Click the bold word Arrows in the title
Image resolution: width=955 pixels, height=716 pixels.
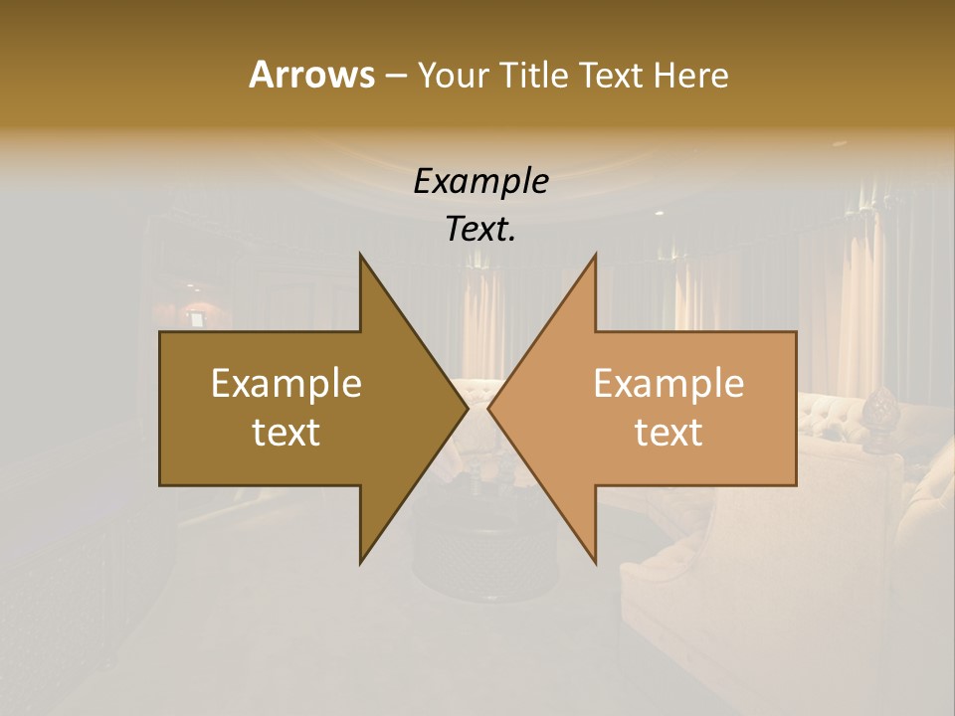(x=310, y=75)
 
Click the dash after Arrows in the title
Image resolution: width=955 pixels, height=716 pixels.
(x=395, y=76)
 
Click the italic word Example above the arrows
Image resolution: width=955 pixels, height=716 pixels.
(x=480, y=181)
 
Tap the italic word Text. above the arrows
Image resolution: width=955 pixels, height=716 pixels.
(x=480, y=229)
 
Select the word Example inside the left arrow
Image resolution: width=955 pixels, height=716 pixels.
(x=286, y=383)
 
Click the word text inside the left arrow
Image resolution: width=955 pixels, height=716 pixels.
(x=286, y=433)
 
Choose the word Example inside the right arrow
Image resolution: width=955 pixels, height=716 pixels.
(x=668, y=383)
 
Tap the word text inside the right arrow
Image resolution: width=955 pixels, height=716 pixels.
(x=668, y=433)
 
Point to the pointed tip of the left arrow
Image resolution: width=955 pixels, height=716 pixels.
(x=468, y=409)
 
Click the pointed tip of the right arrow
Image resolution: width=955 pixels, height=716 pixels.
(x=488, y=409)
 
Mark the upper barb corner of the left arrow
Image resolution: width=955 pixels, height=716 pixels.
(x=360, y=255)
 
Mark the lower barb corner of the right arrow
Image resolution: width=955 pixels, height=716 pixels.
(x=596, y=563)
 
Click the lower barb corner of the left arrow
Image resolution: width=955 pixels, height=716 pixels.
(x=360, y=563)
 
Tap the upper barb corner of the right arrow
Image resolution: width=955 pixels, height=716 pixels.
(x=596, y=255)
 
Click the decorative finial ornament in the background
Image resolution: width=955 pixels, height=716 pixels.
(x=879, y=407)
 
